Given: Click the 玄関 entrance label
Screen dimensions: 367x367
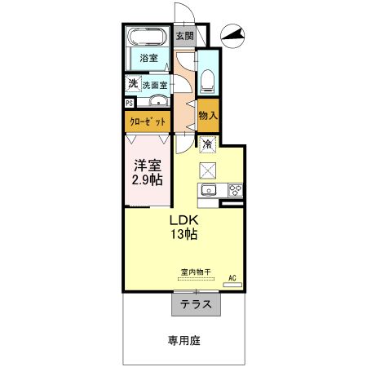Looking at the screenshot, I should tap(184, 36).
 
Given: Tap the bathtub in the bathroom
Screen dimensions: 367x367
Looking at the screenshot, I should tap(148, 37).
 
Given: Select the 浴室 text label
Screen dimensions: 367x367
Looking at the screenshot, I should tap(148, 59).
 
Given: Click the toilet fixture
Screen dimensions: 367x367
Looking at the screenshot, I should tap(207, 79).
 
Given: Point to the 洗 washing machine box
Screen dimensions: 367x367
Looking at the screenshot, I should tap(131, 83).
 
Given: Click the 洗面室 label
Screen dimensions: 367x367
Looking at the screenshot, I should tap(154, 84).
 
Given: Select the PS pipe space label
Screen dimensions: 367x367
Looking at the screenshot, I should tap(129, 104).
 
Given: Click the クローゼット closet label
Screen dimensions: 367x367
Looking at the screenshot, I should tap(148, 122).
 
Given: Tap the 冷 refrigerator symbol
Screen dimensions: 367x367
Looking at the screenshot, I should tap(207, 144).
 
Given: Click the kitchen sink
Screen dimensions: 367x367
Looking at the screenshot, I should tap(208, 192).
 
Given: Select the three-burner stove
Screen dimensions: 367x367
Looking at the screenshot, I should tap(234, 192).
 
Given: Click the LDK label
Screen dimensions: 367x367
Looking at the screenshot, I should tap(183, 220).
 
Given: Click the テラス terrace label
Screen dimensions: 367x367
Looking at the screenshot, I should tap(196, 304).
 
